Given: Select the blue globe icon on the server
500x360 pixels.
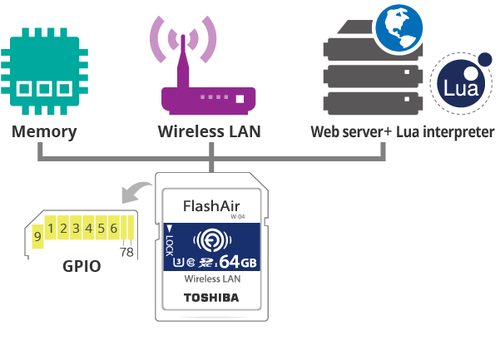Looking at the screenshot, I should pos(397,27).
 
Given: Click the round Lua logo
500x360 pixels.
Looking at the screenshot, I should pos(460,86).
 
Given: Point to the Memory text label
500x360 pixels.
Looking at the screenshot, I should pos(44,131).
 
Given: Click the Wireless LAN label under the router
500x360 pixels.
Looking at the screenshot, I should pos(210,131).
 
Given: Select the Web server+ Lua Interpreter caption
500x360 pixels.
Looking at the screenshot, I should pos(402,131).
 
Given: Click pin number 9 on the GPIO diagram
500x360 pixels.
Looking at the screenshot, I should pos(38,236).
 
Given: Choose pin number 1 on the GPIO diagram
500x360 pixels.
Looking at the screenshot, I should pos(52,228).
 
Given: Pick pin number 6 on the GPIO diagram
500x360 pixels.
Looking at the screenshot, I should pos(113,228).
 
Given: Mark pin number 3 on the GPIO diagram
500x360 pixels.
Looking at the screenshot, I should pos(77,228).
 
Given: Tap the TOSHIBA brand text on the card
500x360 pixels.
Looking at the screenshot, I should pos(210,297).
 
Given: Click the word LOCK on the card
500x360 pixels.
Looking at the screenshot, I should pos(170,244).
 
